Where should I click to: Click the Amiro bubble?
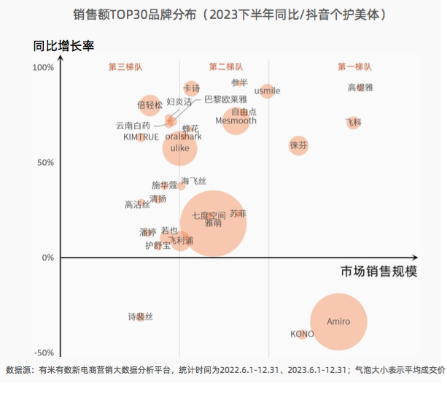[x=338, y=322]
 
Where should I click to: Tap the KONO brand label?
[x=302, y=334]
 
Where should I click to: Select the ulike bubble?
[x=179, y=148]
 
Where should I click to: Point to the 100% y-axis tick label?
[x=43, y=68]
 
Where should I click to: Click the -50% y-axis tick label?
[x=43, y=353]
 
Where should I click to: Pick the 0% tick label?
[x=47, y=258]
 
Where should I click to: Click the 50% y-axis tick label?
[x=44, y=162]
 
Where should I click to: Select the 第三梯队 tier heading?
[x=125, y=67]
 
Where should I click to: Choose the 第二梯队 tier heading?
[x=226, y=67]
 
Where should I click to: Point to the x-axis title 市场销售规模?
[x=378, y=271]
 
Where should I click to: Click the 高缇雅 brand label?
[x=360, y=88]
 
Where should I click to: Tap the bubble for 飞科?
[x=354, y=122]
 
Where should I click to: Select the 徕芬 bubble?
[x=298, y=145]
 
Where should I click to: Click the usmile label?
[x=267, y=91]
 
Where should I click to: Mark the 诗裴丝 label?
[x=140, y=317]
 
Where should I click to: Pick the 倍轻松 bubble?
[x=149, y=105]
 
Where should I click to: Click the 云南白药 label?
[x=133, y=126]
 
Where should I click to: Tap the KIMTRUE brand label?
[x=140, y=136]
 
